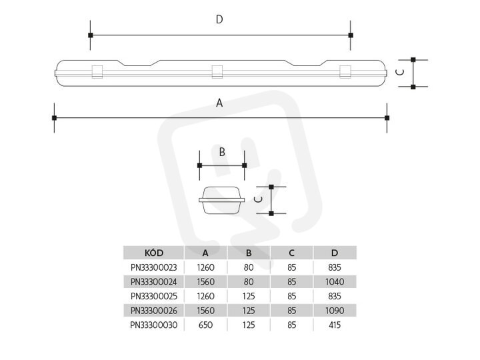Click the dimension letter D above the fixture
pyautogui.click(x=219, y=19)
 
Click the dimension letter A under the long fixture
pyautogui.click(x=219, y=103)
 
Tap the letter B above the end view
pyautogui.click(x=222, y=152)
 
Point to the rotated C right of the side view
pyautogui.click(x=400, y=72)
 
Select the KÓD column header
pyautogui.click(x=154, y=253)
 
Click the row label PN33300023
pyautogui.click(x=154, y=267)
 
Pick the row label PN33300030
pyautogui.click(x=154, y=325)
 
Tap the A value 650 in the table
pyautogui.click(x=205, y=325)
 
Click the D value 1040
pyautogui.click(x=335, y=281)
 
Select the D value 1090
pyautogui.click(x=335, y=311)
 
